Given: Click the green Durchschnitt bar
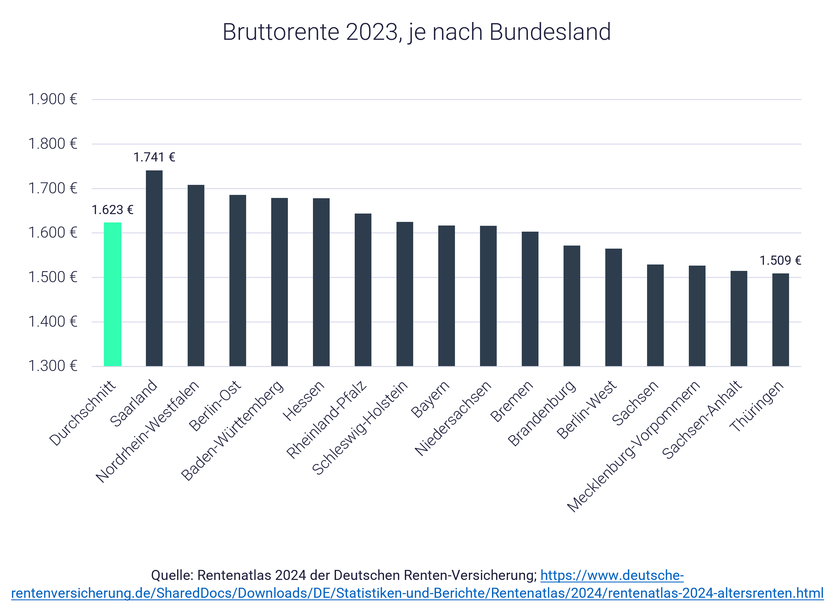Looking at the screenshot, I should [112, 294].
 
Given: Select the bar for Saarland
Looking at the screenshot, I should [154, 268].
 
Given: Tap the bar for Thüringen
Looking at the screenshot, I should [780, 320].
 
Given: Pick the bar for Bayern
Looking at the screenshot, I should [447, 296].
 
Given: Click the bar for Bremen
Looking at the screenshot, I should [530, 299].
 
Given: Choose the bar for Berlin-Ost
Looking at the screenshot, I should [237, 281].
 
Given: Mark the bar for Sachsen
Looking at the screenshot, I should [655, 315].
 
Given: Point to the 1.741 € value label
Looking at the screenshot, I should [154, 157].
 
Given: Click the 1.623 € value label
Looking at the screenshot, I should [112, 210].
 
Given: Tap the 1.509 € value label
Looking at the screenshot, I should [780, 260].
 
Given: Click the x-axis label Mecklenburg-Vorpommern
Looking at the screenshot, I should [634, 447].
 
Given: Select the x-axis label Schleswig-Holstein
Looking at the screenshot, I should [360, 428].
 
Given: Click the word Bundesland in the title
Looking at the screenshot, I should [550, 32].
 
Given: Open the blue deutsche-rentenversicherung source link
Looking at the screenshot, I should [417, 593].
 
